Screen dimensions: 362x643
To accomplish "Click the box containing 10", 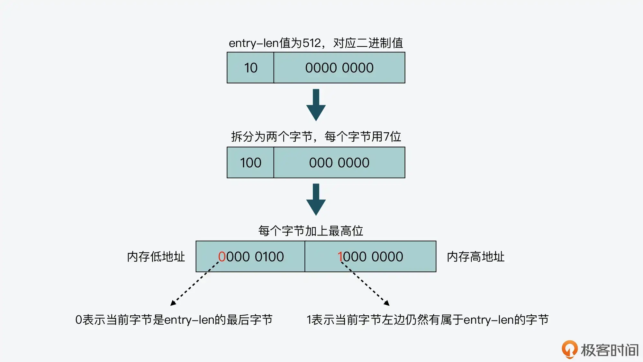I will click(x=250, y=68).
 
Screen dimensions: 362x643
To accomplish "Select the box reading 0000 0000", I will click(x=339, y=68).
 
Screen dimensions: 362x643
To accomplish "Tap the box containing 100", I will click(x=250, y=163).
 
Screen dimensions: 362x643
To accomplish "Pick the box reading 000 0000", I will click(x=339, y=163).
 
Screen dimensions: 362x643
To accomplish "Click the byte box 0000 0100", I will click(x=251, y=257).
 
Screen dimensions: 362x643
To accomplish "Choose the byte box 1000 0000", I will click(x=370, y=257).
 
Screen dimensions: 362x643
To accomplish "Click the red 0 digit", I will click(x=222, y=257).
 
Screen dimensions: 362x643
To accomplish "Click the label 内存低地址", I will click(x=156, y=257).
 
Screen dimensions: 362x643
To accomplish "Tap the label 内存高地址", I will click(x=475, y=257).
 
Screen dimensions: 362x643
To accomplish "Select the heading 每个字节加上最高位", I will click(x=311, y=231).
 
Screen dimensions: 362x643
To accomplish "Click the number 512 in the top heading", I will click(x=312, y=43).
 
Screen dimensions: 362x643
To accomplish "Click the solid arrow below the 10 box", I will click(x=316, y=105).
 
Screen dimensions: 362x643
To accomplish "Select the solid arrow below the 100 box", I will click(x=316, y=200).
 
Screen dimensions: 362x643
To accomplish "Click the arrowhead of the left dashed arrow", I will click(x=173, y=303).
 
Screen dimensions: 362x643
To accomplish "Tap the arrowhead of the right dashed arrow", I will click(x=387, y=303).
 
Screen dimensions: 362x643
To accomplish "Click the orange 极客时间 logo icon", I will click(x=569, y=349).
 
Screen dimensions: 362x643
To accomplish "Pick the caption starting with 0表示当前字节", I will click(x=174, y=320).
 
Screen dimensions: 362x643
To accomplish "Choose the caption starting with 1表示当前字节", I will click(x=427, y=320).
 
